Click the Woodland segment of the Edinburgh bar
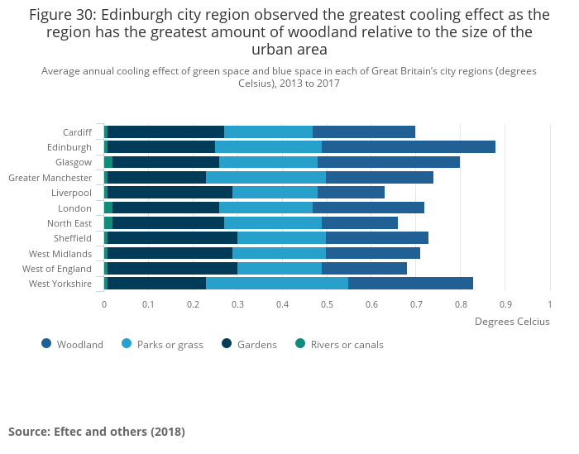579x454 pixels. [x=408, y=147]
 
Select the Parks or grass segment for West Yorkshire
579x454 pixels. [x=277, y=284]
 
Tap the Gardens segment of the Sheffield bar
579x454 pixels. [x=172, y=238]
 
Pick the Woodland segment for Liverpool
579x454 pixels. [x=351, y=193]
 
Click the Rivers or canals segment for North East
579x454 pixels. [x=108, y=223]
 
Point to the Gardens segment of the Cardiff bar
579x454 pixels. [x=165, y=132]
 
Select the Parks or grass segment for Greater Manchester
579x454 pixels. [x=266, y=178]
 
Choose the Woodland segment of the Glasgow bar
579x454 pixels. [x=388, y=162]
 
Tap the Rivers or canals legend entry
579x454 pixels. [x=339, y=344]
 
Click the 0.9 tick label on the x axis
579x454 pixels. [x=505, y=304]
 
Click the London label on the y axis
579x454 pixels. [x=75, y=208]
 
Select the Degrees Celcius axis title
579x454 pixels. [x=511, y=322]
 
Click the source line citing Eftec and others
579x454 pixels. [x=97, y=432]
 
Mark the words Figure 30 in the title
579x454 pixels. [x=63, y=15]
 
